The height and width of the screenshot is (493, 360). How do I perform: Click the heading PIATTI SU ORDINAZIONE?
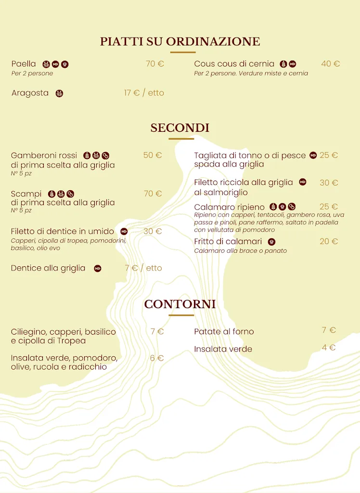coord(180,42)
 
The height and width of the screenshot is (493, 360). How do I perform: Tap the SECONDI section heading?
coord(180,128)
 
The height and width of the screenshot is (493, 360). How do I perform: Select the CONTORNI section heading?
coord(180,304)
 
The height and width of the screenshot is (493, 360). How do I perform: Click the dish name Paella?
coord(24,64)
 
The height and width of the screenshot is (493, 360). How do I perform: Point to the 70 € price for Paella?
coord(154,64)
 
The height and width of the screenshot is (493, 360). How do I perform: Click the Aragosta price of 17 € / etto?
coord(144,93)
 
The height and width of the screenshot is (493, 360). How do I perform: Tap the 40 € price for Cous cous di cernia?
coord(330,64)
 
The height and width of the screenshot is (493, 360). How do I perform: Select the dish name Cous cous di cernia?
coord(234,64)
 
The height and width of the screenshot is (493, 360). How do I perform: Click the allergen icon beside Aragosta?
coord(59,93)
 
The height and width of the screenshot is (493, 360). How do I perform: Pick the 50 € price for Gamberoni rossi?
coord(152,155)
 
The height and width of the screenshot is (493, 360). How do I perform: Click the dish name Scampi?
coord(26,194)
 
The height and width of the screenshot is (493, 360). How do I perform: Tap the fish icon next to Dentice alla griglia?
coord(98,269)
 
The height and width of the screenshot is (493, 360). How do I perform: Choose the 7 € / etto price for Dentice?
coord(143,268)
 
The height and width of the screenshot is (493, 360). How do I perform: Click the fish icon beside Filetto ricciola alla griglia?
coord(303,182)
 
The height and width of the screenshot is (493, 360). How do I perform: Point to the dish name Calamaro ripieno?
coord(229,207)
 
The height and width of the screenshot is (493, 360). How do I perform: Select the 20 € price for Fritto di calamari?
coord(329,241)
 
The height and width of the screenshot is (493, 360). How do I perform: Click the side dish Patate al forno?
coord(224,331)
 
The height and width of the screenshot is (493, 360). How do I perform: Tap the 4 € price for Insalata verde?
coord(329,348)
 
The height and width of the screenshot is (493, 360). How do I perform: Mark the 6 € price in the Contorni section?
coord(156,358)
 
